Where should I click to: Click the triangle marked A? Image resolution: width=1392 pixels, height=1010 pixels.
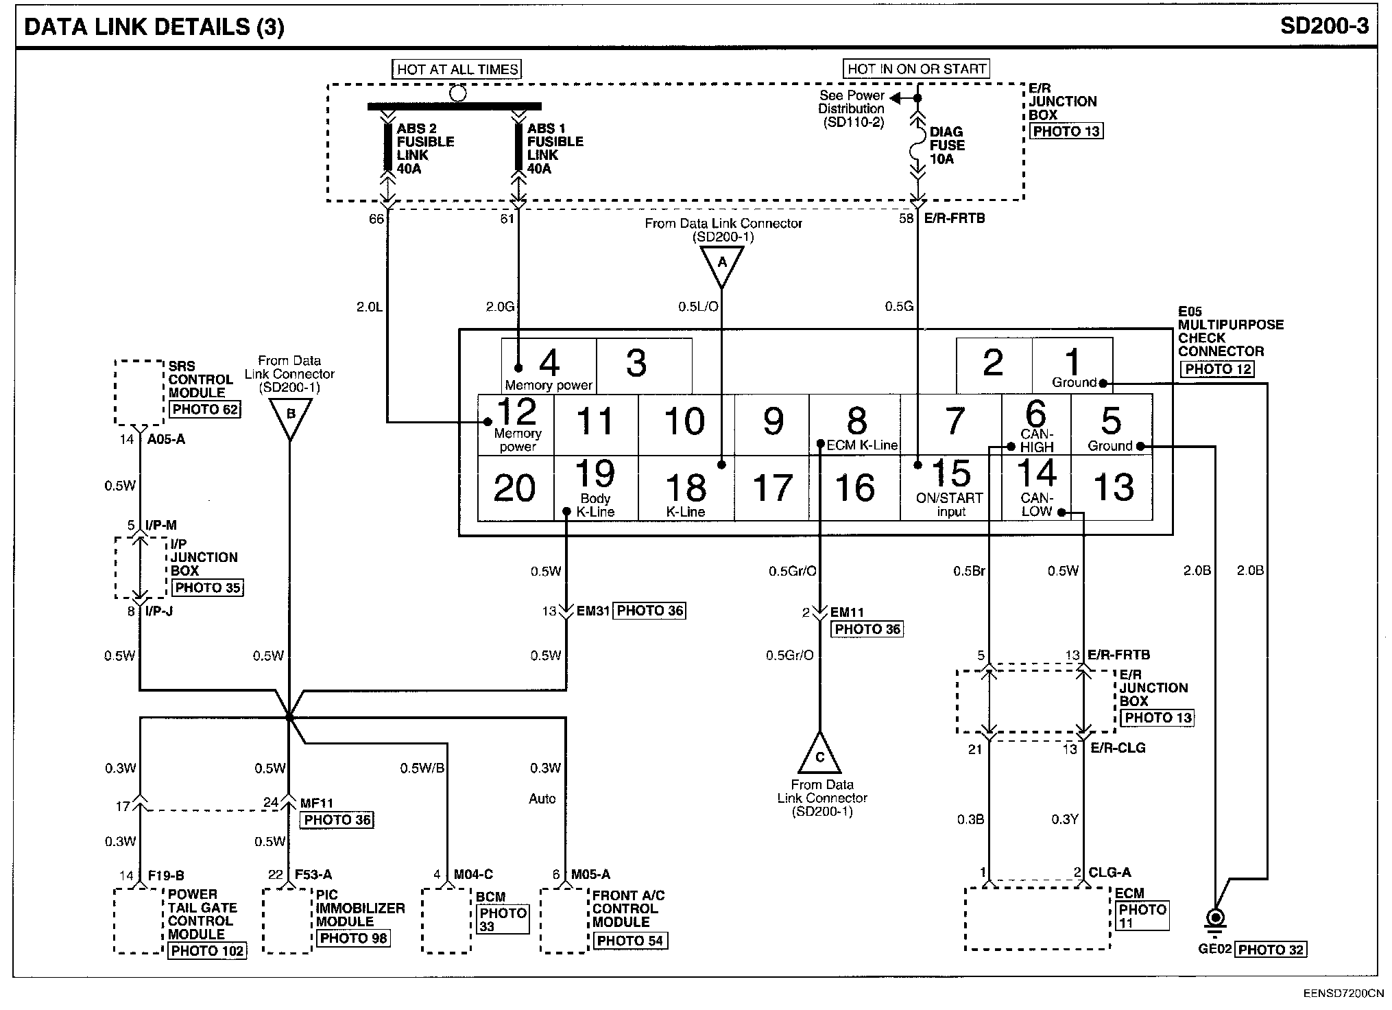click(721, 264)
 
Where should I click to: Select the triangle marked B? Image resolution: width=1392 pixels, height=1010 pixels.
click(290, 416)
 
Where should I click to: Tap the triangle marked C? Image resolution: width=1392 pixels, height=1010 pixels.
click(819, 755)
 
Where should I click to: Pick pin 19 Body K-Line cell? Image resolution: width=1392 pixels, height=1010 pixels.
click(595, 489)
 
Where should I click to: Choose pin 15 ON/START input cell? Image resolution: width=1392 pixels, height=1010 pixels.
click(950, 489)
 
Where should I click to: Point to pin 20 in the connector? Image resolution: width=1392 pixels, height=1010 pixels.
click(514, 489)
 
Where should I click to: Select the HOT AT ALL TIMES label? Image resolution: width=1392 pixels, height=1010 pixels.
click(457, 69)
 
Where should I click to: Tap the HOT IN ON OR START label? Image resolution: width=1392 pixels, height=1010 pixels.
click(917, 69)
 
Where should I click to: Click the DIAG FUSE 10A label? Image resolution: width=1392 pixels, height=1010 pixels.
click(947, 145)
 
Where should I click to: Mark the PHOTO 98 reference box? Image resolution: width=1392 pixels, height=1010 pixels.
click(353, 938)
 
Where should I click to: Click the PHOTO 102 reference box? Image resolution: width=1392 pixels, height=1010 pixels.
click(207, 951)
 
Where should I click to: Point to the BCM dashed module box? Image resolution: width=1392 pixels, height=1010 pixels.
click(446, 921)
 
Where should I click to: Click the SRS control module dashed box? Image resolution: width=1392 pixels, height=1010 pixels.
click(139, 392)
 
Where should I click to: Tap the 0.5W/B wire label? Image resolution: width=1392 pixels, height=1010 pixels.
click(422, 768)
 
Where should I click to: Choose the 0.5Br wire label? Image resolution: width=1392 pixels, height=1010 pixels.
click(969, 571)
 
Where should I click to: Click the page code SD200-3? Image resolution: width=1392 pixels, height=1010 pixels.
click(1324, 26)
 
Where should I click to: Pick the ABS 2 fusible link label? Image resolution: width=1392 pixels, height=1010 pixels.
click(424, 148)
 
